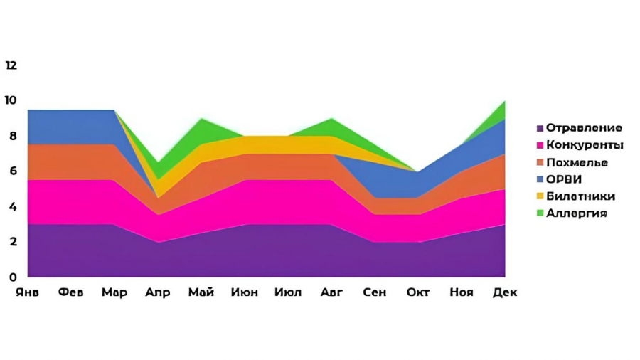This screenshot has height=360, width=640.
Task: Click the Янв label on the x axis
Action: click(28, 292)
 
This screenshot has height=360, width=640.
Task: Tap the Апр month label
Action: click(158, 292)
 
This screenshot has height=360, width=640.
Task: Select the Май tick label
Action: click(201, 292)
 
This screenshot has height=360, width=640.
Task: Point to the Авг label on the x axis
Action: click(332, 292)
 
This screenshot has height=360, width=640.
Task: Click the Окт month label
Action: click(418, 292)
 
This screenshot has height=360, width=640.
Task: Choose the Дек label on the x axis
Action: click(505, 292)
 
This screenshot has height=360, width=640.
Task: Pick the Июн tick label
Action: click(245, 292)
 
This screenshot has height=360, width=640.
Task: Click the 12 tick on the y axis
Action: click(11, 65)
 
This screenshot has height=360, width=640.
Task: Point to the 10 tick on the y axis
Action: click(11, 100)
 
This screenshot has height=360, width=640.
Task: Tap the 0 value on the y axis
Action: click(12, 277)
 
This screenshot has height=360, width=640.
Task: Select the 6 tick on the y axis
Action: click(12, 171)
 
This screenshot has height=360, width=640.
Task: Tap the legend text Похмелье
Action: click(577, 162)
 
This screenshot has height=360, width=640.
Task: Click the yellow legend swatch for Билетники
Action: click(540, 197)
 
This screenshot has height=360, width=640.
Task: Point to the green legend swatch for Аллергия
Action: click(540, 214)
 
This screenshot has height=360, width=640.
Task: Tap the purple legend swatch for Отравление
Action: click(540, 128)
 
